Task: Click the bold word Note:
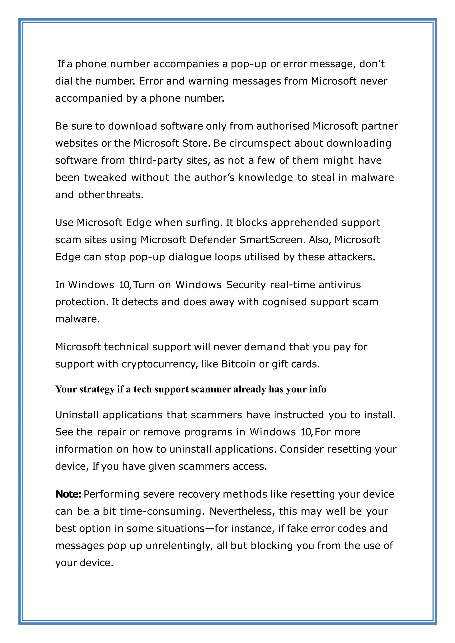pos(68,494)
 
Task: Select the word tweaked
pos(105,178)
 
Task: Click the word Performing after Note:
pos(112,494)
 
